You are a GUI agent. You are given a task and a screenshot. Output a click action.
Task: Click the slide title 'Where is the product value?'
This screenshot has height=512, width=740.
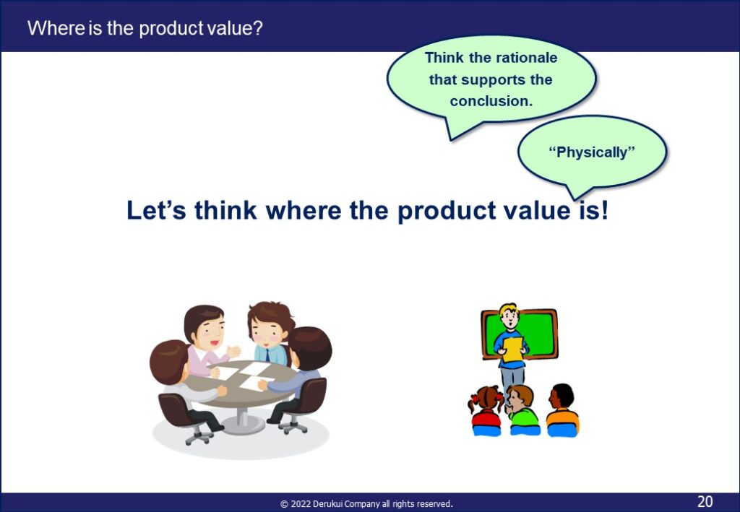pyautogui.click(x=145, y=28)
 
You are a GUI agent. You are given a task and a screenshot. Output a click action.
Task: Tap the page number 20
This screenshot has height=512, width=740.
pyautogui.click(x=705, y=500)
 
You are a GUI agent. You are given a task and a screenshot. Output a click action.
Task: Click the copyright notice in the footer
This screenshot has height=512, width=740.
pyautogui.click(x=366, y=503)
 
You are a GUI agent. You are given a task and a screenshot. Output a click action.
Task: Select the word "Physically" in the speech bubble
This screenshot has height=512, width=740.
pyautogui.click(x=592, y=152)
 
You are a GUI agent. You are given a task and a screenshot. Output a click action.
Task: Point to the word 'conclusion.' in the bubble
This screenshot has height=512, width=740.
pyautogui.click(x=491, y=101)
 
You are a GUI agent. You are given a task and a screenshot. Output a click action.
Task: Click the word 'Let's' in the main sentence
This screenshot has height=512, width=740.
pyautogui.click(x=156, y=210)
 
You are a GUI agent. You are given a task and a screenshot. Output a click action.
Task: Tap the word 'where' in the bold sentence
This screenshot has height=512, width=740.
pyautogui.click(x=304, y=210)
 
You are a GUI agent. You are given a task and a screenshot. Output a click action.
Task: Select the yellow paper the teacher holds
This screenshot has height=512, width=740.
pyautogui.click(x=512, y=350)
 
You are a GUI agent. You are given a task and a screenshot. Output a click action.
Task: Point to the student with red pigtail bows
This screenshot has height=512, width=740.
pyautogui.click(x=486, y=411)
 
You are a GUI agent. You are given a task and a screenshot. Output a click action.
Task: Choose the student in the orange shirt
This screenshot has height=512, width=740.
pyautogui.click(x=562, y=410)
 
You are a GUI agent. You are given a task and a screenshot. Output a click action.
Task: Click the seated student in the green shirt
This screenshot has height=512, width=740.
pyautogui.click(x=522, y=410)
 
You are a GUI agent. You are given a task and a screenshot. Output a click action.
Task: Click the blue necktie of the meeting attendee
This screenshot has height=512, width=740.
pyautogui.click(x=267, y=355)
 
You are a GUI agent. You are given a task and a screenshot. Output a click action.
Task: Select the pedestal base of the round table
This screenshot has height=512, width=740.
pyautogui.click(x=243, y=422)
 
